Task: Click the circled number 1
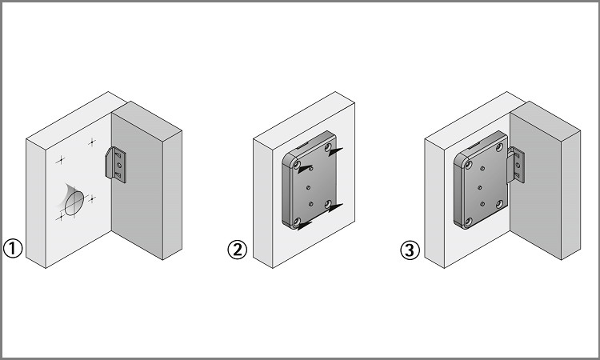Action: pos(13,248)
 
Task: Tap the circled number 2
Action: pos(238,250)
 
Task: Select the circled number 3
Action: pos(410,250)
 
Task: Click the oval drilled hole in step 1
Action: pos(74,202)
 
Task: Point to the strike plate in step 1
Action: pos(115,165)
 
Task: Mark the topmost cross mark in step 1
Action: pos(92,142)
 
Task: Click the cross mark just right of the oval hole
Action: pos(92,198)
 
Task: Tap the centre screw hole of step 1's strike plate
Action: pos(119,166)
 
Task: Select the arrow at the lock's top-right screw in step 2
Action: pos(335,152)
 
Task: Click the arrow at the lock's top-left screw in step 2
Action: pos(306,168)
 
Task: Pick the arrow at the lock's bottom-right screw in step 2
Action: pos(335,208)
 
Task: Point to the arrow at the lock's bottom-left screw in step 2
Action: pos(306,226)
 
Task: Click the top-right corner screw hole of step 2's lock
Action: pos(328,147)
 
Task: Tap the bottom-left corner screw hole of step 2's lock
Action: pos(297,222)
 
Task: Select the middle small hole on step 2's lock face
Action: pos(309,187)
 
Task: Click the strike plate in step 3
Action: pos(516,165)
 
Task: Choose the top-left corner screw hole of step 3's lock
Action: pos(468,165)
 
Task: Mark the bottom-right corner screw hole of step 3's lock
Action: pos(499,204)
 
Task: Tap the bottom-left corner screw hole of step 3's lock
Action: pos(468,222)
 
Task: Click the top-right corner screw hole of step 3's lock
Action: pos(499,147)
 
